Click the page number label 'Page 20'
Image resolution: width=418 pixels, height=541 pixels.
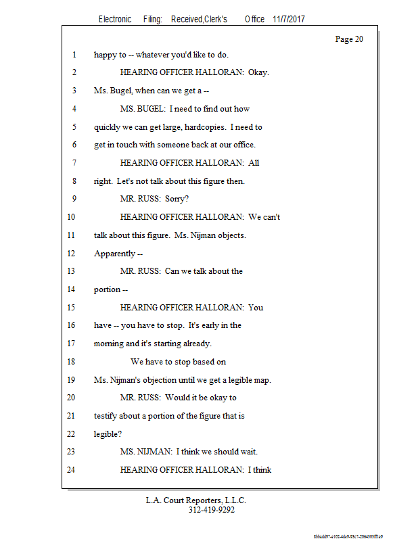(349, 39)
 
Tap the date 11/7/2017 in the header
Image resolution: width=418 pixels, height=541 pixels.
(289, 20)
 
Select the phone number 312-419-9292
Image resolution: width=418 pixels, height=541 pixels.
(211, 510)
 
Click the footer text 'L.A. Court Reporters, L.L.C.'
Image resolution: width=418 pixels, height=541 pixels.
(196, 500)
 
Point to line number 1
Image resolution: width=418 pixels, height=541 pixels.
(73, 55)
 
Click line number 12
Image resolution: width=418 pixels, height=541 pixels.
(71, 254)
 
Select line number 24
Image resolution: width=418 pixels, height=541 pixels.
(71, 469)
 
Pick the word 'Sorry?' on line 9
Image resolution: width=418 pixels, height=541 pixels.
(178, 199)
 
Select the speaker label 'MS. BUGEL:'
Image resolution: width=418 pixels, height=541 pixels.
(142, 108)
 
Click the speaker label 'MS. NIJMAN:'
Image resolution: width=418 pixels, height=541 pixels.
(145, 452)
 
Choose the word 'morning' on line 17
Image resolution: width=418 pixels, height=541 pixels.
(108, 344)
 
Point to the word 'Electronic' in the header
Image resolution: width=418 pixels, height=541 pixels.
(115, 20)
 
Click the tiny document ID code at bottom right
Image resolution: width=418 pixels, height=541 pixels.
(348, 536)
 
